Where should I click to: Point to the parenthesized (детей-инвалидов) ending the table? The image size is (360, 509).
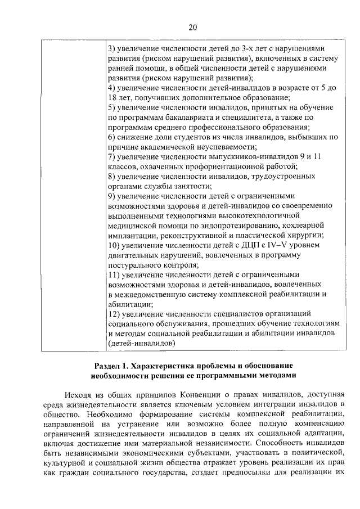(141, 343)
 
